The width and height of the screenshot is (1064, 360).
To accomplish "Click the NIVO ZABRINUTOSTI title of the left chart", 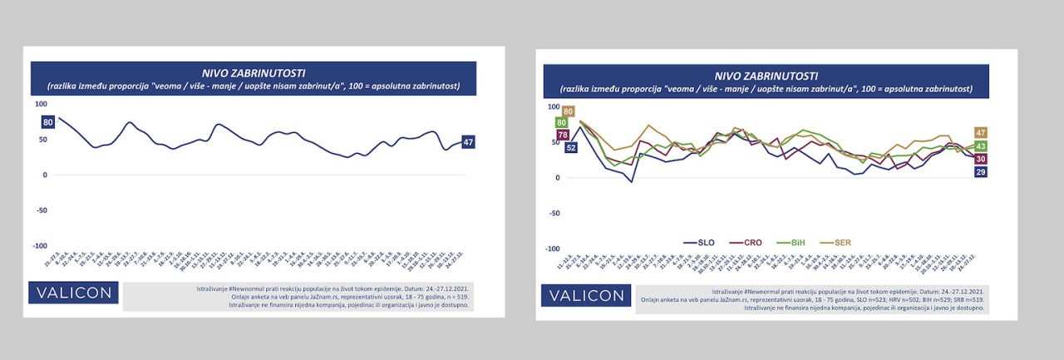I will coord(254,72).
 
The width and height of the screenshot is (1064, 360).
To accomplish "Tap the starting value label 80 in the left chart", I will coord(48,122).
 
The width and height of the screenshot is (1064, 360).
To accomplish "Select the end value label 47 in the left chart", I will coord(468,142).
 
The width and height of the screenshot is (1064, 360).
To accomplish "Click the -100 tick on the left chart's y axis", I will coord(39,246).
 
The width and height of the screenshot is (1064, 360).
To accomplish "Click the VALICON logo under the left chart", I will coord(73,293).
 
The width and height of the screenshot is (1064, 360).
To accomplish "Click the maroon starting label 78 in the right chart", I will coord(563,135).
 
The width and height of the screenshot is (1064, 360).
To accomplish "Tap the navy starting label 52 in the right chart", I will coord(571,148).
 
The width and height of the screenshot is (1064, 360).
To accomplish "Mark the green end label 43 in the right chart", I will coord(981,146).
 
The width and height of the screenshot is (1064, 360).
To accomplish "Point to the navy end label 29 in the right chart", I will coord(981,172).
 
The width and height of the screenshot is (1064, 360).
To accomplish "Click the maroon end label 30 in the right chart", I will coord(981,159).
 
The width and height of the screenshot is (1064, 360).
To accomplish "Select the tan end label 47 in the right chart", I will coord(981,133).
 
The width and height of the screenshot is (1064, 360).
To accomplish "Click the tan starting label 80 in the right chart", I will coord(569,111).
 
